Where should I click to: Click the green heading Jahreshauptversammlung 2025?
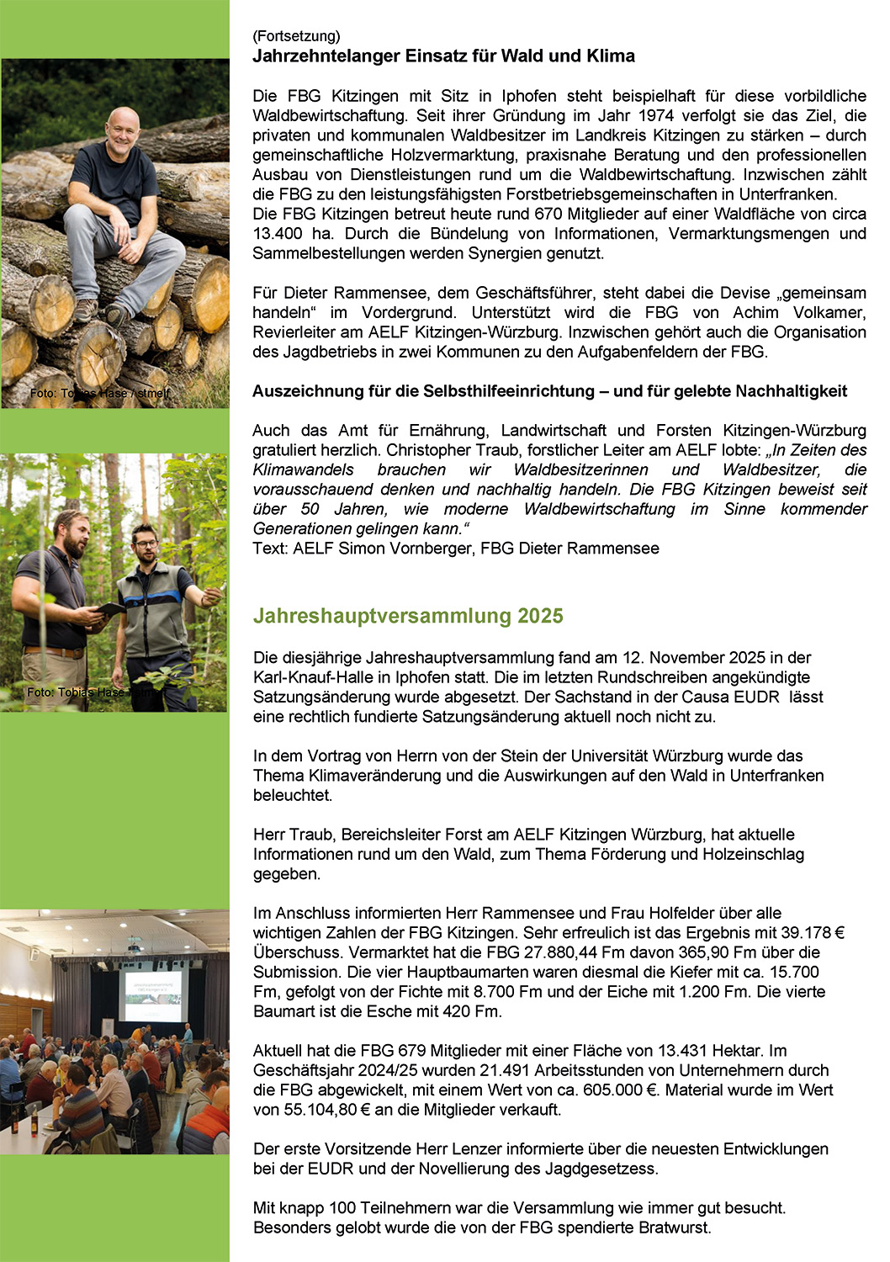[x=408, y=616]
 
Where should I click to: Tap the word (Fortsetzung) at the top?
[x=296, y=36]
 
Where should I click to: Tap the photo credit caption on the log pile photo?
[x=99, y=393]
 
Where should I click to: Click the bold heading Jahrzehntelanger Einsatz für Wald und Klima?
[x=443, y=56]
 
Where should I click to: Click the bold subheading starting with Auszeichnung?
[x=549, y=391]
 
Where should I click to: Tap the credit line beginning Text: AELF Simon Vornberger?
[x=455, y=549]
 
